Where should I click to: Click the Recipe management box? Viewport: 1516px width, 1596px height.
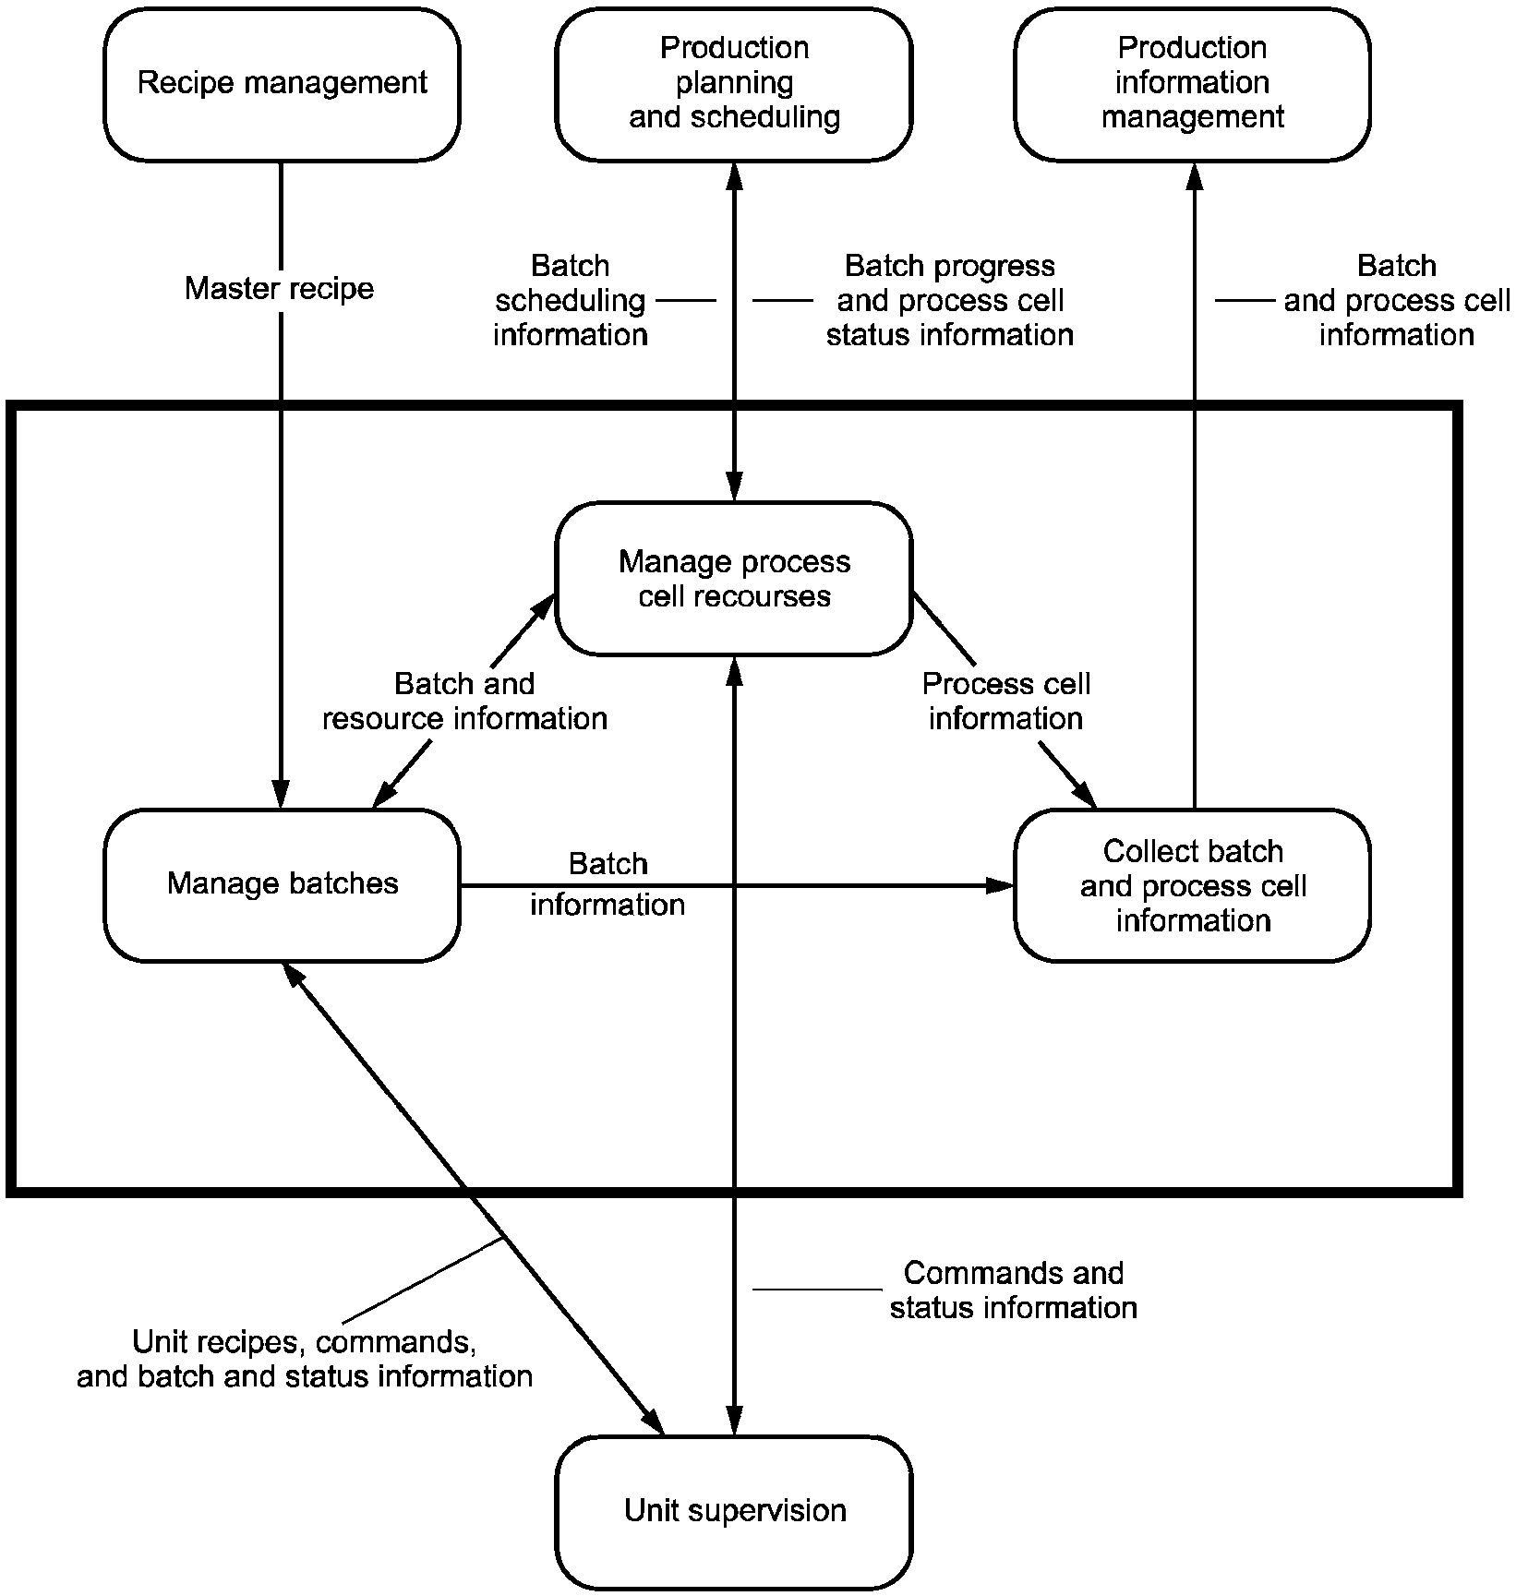282,84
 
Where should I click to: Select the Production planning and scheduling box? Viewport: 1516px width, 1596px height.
734,84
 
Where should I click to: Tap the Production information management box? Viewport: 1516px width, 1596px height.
1192,84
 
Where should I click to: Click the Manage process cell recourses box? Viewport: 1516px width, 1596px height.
734,579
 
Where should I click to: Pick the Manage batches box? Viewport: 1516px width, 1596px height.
282,884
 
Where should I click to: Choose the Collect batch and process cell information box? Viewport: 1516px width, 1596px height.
1192,885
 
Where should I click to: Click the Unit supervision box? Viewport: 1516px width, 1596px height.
734,1511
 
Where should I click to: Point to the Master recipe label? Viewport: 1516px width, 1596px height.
280,289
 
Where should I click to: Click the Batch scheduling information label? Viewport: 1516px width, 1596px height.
571,300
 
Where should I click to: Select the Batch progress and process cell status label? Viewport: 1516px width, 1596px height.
949,300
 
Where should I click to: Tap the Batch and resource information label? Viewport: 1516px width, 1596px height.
464,702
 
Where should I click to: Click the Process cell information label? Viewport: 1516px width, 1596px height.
1005,702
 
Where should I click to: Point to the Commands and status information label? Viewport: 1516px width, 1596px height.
1013,1290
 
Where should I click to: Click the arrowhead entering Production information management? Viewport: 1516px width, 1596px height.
1195,175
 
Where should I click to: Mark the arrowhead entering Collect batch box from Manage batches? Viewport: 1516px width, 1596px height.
1001,886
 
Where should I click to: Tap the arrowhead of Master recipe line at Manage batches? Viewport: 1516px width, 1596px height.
281,794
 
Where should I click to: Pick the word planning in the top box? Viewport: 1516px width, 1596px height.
734,83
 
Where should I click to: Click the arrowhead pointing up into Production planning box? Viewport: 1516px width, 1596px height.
735,175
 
